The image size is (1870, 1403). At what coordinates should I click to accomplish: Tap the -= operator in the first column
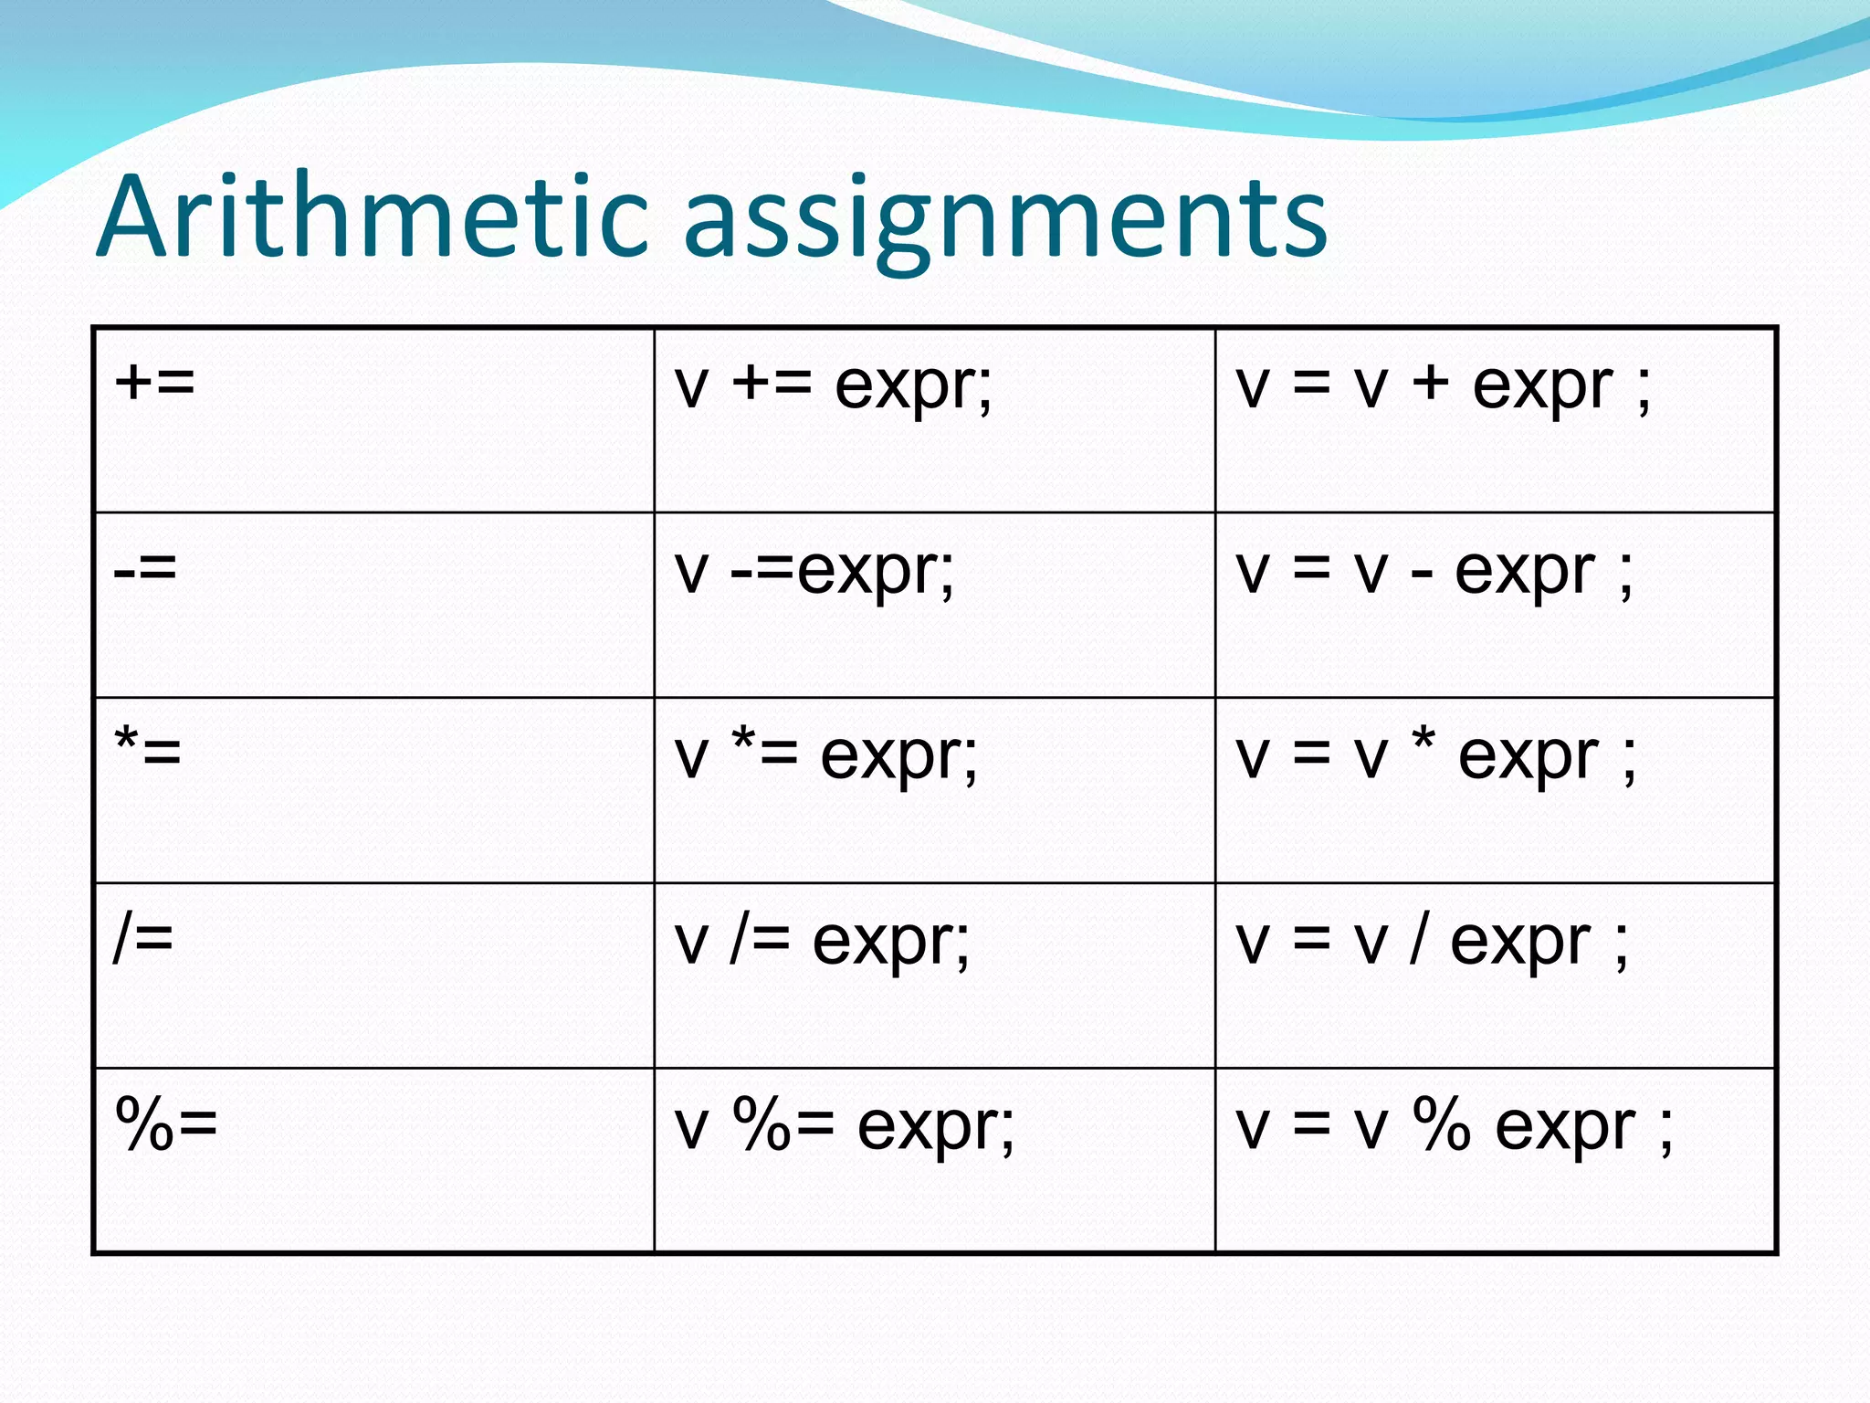pyautogui.click(x=145, y=568)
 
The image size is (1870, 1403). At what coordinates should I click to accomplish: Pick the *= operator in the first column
pyautogui.click(x=148, y=751)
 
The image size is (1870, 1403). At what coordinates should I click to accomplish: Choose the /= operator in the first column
pyautogui.click(x=143, y=939)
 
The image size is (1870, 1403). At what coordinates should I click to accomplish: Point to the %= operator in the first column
pyautogui.click(x=167, y=1123)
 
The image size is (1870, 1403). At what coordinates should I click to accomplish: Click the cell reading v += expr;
pyautogui.click(x=833, y=387)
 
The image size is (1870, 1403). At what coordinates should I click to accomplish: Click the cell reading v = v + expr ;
pyautogui.click(x=1443, y=387)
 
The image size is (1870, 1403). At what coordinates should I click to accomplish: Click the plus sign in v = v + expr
pyautogui.click(x=1431, y=384)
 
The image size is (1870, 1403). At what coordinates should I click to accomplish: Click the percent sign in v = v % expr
pyautogui.click(x=1442, y=1123)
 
